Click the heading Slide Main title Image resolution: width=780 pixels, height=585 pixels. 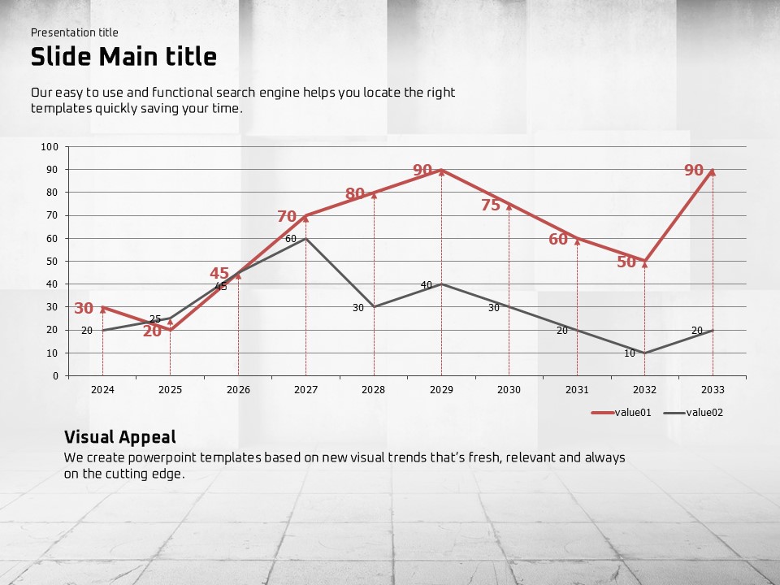coord(123,57)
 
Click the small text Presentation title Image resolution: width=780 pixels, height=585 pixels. coord(75,32)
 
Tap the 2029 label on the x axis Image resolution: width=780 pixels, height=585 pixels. coord(441,390)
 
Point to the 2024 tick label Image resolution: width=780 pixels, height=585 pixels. coord(102,390)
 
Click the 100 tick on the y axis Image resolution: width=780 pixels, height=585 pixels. coord(50,147)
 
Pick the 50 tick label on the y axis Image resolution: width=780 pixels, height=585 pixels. coord(52,262)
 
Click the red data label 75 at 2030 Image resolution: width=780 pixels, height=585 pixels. coord(491,206)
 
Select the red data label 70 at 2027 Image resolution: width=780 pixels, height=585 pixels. coord(287,217)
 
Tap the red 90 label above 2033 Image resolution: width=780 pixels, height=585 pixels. coord(693,171)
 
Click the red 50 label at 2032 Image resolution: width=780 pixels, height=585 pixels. coord(626,262)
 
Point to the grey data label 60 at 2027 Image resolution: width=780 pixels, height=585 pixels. coord(291,239)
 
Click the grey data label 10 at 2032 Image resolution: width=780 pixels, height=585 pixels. coord(630,353)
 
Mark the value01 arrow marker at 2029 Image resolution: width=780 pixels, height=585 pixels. coord(441,171)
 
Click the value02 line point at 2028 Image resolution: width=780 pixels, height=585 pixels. coord(374,307)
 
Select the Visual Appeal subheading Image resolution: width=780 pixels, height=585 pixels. coord(119,437)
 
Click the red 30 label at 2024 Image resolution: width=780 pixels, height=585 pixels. coord(84,309)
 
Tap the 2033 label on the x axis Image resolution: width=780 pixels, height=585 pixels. coord(713,390)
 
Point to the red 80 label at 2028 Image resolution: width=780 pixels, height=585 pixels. coord(355,194)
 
